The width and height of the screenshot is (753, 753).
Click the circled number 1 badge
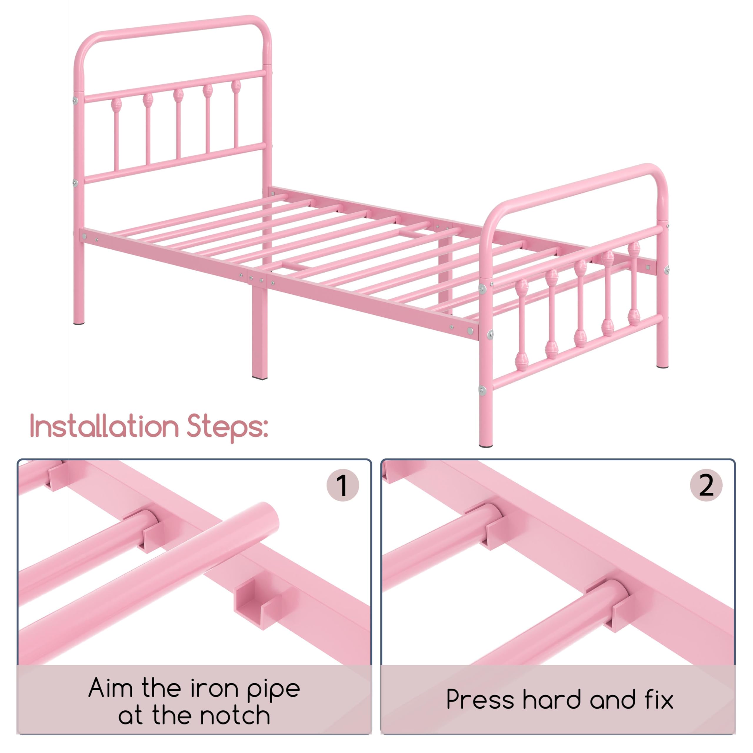pos(342,485)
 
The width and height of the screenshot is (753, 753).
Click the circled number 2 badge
pos(706,485)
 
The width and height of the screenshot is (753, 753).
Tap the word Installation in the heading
pos(104,427)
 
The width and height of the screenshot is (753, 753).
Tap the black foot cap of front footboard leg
pos(486,445)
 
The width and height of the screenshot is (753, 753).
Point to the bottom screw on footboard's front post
pos(482,389)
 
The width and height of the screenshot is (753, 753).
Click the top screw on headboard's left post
pos(75,101)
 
